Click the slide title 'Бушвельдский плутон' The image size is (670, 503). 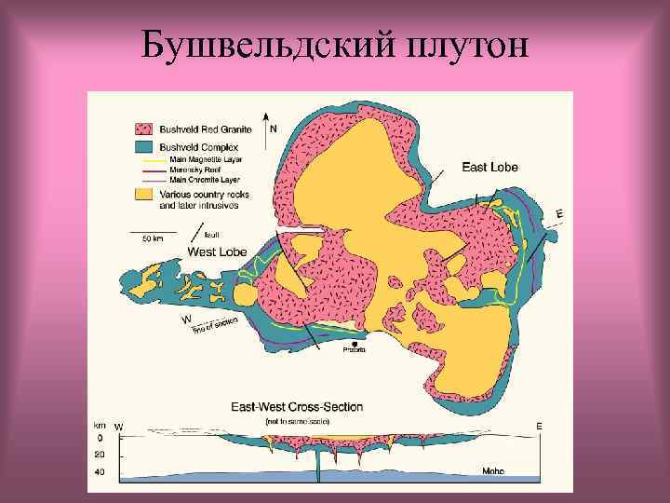(334, 43)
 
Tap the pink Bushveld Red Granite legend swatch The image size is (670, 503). (144, 129)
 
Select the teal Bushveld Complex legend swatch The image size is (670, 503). (144, 147)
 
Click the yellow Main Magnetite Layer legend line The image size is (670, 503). (150, 158)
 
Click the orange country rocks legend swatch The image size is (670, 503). (144, 194)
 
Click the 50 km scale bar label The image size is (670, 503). (152, 239)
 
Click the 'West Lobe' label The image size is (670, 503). (217, 251)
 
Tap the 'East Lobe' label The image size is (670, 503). (490, 168)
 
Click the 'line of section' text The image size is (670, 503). (215, 324)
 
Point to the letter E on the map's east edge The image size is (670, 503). (558, 214)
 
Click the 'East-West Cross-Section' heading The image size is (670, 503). (297, 407)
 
